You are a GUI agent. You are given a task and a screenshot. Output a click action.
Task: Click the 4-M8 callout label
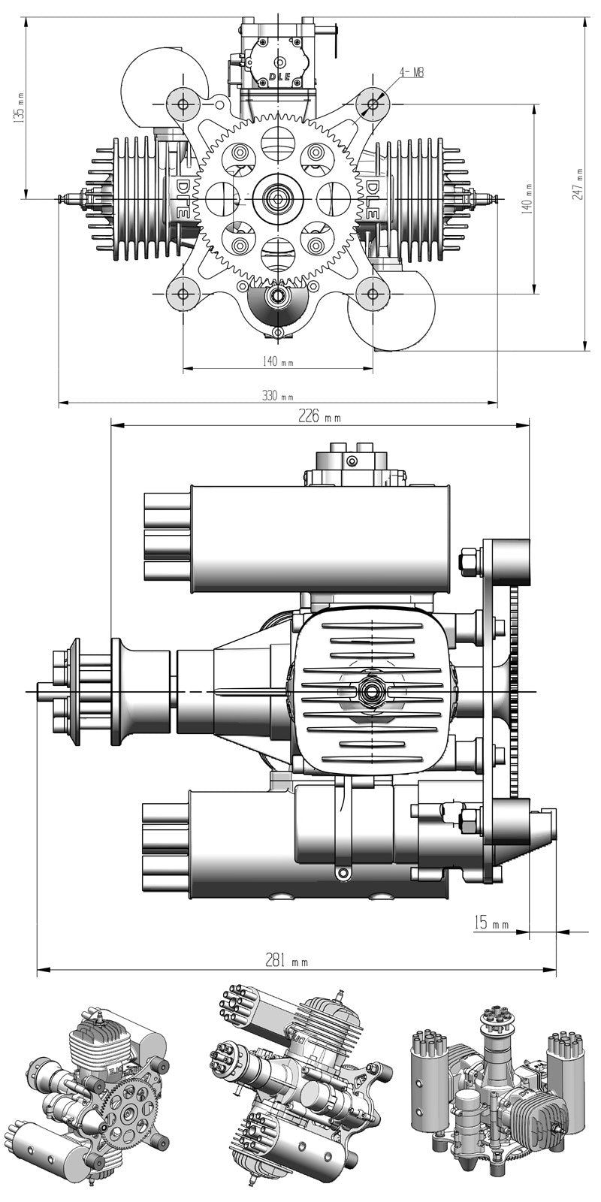click(x=412, y=72)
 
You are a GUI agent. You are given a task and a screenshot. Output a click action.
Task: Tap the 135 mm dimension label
click(x=20, y=108)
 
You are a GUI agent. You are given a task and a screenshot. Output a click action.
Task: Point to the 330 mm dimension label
click(x=278, y=397)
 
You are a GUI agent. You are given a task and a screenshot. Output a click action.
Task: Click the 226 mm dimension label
click(x=320, y=416)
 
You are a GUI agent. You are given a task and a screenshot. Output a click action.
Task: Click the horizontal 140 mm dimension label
click(x=278, y=361)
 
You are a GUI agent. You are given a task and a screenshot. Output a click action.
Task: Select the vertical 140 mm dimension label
click(x=527, y=198)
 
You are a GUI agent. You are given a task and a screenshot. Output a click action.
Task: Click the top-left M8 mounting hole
click(x=183, y=102)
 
